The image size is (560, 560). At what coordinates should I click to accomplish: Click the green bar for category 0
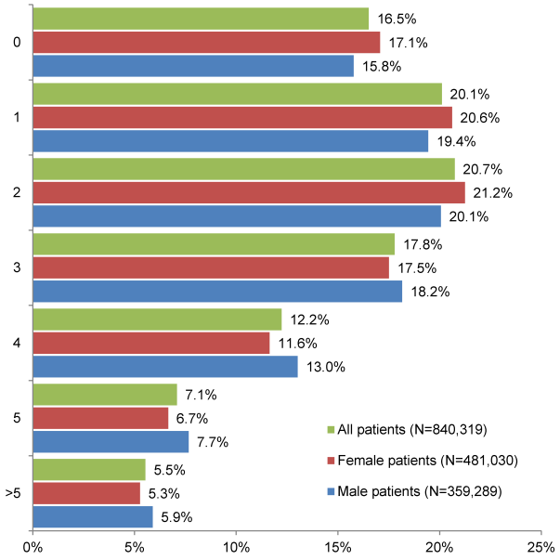[x=201, y=19]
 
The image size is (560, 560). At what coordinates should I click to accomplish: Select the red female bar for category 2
[x=249, y=192]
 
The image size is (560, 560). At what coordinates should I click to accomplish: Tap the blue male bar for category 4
[x=165, y=367]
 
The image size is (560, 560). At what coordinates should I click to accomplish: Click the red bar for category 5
[x=100, y=418]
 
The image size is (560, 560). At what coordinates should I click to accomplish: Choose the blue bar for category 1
[x=230, y=140]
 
